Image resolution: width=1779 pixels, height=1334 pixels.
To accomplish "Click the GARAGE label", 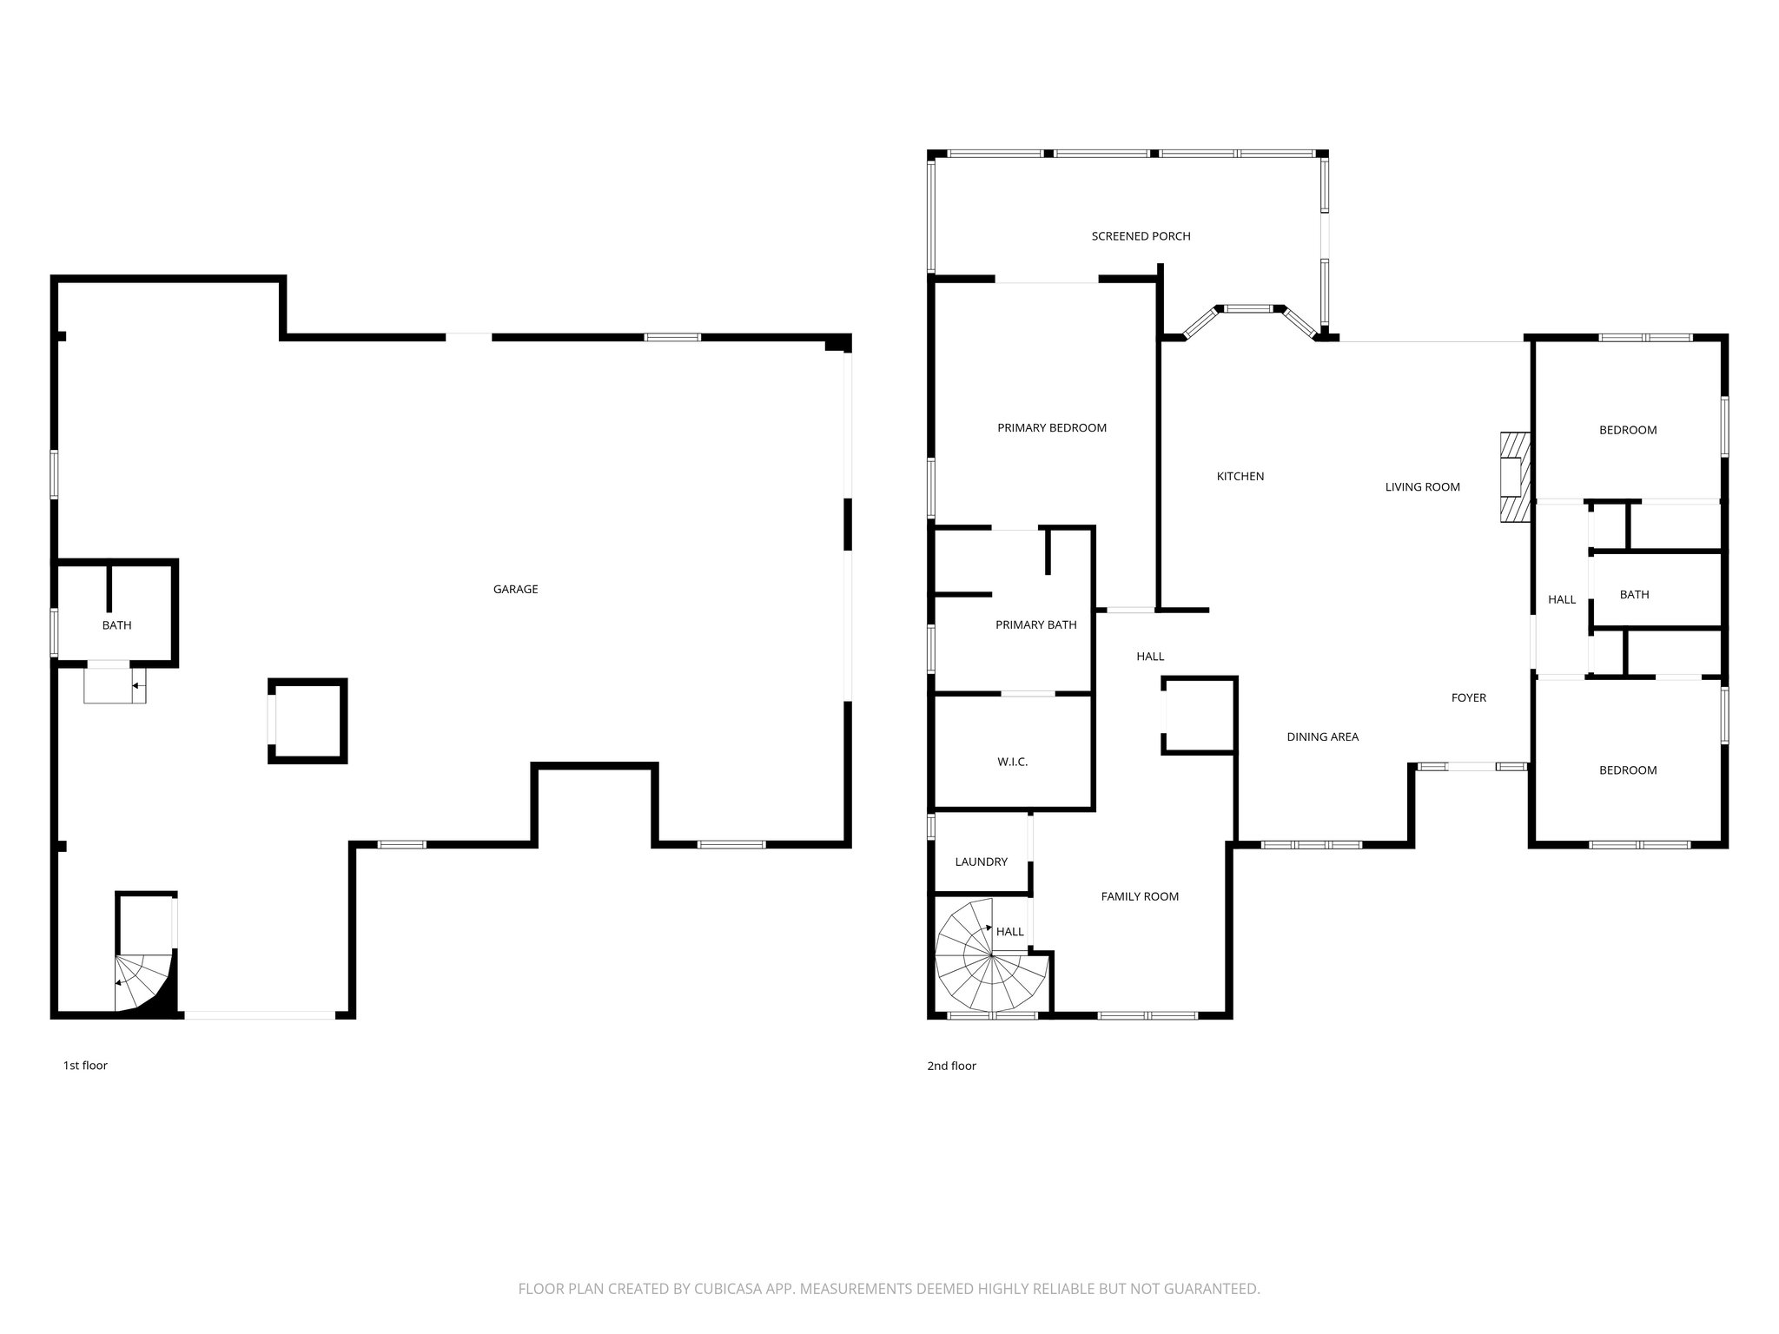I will [515, 589].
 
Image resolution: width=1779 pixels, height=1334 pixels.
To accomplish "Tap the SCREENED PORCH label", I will [1141, 236].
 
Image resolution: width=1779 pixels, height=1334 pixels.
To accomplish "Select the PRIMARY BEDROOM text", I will [1051, 427].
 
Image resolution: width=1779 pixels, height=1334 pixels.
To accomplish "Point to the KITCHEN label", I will [1240, 476].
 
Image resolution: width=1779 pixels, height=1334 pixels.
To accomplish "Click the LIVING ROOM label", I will [1422, 487].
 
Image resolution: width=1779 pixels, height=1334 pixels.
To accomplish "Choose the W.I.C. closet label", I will [1012, 762].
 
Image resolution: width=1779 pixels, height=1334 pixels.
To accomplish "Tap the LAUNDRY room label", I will [981, 862].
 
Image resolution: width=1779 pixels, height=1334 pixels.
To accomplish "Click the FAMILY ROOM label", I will [1140, 896].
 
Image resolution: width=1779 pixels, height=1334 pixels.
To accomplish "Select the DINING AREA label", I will [1322, 736].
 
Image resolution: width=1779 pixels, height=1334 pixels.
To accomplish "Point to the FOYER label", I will [1468, 697].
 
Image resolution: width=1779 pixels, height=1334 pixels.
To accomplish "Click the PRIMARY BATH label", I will [1035, 624].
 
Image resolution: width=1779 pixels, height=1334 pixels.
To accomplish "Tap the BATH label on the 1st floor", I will [116, 625].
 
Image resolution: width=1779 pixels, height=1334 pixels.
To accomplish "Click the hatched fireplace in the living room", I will [1513, 477].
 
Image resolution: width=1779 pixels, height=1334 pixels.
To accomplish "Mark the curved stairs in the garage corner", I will [143, 981].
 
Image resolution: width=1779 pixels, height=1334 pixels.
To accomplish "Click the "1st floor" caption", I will [85, 1066].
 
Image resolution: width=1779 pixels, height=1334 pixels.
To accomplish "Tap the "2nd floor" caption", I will [951, 1066].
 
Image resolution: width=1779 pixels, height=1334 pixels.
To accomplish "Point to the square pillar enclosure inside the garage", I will [308, 721].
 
